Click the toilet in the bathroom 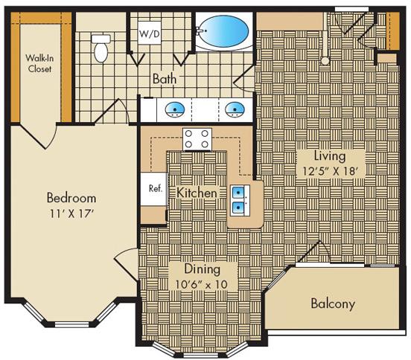(x=101, y=47)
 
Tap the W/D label (x=150, y=33)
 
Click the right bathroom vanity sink (x=235, y=109)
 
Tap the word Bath (x=165, y=78)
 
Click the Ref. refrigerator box (x=155, y=188)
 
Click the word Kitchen (x=197, y=193)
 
